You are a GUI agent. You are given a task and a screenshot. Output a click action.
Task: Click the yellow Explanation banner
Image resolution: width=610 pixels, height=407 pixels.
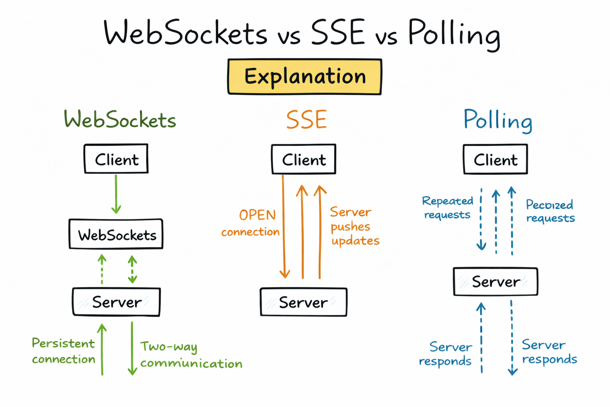coord(305,77)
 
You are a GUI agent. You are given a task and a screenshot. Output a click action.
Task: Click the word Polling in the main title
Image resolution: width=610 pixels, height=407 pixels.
coord(454,34)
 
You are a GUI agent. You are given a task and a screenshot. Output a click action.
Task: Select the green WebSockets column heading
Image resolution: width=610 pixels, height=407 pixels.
coord(120,120)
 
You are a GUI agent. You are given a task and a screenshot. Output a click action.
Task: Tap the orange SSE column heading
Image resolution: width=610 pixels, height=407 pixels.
coord(306,120)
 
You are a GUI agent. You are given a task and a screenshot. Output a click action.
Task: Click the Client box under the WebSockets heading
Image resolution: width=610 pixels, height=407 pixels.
coord(116,159)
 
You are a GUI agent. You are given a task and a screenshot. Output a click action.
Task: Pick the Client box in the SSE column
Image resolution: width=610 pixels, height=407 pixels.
coord(304,159)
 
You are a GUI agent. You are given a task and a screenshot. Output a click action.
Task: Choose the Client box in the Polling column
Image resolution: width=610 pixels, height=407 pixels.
coord(495,159)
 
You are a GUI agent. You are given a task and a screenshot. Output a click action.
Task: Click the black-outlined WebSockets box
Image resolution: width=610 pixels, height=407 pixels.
coord(116,235)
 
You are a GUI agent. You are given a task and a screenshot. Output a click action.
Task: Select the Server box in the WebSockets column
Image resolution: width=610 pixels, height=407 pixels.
coord(116,302)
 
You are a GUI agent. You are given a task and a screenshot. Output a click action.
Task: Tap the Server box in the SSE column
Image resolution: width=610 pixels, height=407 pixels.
coord(303,302)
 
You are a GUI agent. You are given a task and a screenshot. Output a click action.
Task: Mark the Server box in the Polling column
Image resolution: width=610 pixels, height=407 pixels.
coord(496,282)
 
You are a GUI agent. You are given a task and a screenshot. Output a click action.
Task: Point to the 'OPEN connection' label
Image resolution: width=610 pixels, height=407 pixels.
coord(251,223)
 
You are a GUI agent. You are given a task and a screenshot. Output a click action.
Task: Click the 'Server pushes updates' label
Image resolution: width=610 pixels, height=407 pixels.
coord(354,226)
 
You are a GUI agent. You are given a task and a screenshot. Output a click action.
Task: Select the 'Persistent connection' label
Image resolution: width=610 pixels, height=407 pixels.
coord(64,351)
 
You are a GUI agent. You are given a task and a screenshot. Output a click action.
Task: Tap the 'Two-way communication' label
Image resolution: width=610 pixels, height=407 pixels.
coord(191,355)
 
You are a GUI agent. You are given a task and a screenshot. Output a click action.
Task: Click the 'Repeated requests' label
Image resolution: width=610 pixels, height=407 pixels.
coord(448,207)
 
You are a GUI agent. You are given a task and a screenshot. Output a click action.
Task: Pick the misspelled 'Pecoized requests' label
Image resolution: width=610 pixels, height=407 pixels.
coord(550,211)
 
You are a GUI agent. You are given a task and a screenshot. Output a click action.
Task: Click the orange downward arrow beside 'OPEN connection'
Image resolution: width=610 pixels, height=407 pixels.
coord(284,227)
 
